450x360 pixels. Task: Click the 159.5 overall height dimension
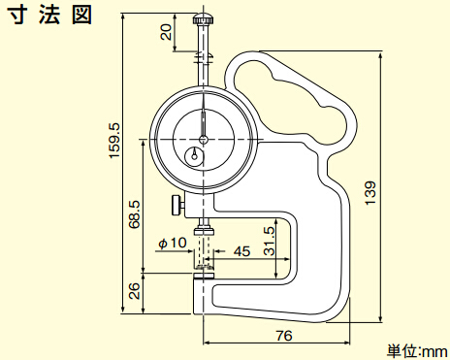pyautogui.click(x=114, y=141)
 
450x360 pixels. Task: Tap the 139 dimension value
pyautogui.click(x=370, y=193)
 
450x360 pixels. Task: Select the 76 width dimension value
pyautogui.click(x=284, y=335)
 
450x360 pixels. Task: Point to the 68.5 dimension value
pyautogui.click(x=135, y=214)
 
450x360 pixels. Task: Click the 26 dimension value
pyautogui.click(x=135, y=290)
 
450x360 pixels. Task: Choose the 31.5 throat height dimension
pyautogui.click(x=269, y=241)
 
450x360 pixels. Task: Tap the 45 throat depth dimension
pyautogui.click(x=241, y=251)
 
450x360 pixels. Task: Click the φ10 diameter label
pyautogui.click(x=173, y=243)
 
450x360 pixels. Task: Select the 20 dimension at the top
pyautogui.click(x=167, y=32)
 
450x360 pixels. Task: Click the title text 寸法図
pyautogui.click(x=49, y=15)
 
